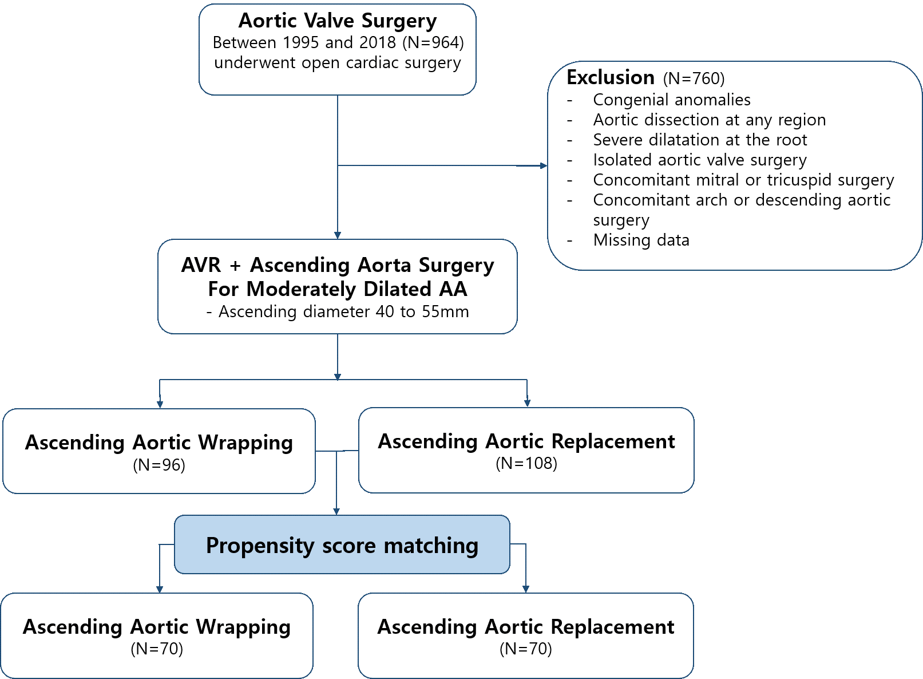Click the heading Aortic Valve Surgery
(338, 21)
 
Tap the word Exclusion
(611, 77)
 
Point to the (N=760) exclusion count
(694, 78)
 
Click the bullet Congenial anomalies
(671, 100)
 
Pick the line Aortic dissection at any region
(709, 120)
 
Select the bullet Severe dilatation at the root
(700, 140)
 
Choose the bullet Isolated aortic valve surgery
(699, 160)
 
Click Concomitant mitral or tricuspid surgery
(743, 180)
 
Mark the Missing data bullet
(641, 240)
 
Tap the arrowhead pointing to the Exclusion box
(543, 166)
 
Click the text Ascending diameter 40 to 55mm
(343, 311)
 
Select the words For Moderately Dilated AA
(338, 289)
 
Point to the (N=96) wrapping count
(159, 465)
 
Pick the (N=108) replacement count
(526, 463)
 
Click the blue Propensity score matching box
(342, 545)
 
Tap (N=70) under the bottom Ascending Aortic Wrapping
(157, 649)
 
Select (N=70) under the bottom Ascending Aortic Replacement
(526, 649)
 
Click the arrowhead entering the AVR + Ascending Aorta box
(338, 235)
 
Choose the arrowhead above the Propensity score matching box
(336, 511)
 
